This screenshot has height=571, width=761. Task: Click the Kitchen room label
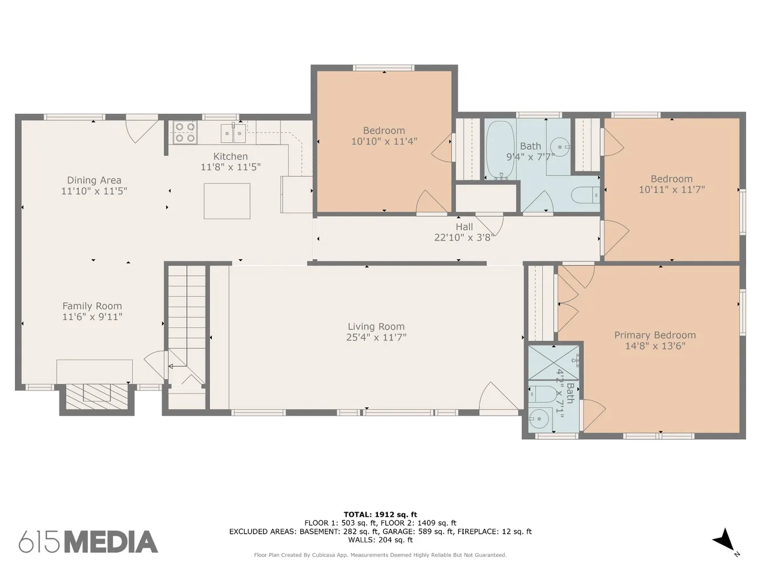point(230,156)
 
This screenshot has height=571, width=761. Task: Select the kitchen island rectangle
point(227,201)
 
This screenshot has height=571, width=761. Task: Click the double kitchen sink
point(233,133)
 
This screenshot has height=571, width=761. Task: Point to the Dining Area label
point(94,180)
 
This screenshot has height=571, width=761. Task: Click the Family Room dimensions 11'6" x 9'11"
point(92,317)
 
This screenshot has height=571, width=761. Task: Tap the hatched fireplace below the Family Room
point(97,397)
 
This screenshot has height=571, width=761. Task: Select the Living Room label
point(376,327)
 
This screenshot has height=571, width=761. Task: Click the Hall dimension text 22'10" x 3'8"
point(464,238)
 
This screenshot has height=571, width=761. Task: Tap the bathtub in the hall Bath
point(500,150)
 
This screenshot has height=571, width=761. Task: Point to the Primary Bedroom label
point(655,335)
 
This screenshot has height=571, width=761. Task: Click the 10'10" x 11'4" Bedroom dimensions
point(384,142)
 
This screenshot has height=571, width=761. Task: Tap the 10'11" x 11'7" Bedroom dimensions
point(671,190)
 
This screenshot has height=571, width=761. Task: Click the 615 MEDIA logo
point(88,542)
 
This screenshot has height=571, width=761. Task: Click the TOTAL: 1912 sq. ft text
point(380,514)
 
